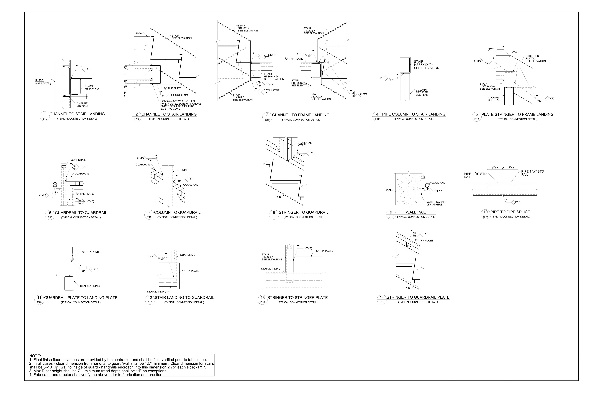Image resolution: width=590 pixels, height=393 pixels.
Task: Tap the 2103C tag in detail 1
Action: tap(39, 80)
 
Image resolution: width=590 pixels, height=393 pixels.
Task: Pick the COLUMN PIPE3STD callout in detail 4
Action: tap(422, 92)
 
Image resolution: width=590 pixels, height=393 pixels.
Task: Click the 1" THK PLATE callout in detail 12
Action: tap(190, 271)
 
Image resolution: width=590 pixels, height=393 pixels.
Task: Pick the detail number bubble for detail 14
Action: tap(382, 297)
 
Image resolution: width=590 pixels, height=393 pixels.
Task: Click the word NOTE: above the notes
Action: tap(35, 356)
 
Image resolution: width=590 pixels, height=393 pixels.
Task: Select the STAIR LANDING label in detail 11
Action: tap(90, 286)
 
